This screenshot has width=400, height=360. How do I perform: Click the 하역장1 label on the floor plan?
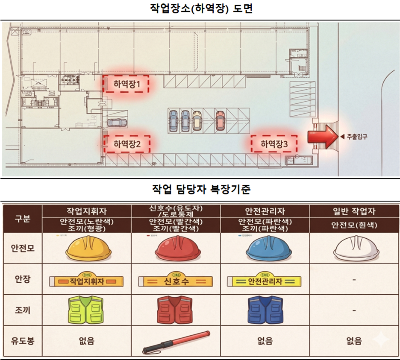click(126, 84)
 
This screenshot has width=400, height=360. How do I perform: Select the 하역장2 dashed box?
click(126, 144)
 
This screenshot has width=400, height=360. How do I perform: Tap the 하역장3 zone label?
click(274, 144)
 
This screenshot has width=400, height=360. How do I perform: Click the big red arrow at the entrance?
click(322, 137)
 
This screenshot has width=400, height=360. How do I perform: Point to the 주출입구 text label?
click(356, 137)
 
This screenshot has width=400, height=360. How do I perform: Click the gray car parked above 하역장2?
click(117, 123)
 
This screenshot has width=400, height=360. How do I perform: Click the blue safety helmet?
click(265, 249)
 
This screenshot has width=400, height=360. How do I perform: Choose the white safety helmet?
click(355, 249)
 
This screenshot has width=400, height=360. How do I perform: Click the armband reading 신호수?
click(175, 281)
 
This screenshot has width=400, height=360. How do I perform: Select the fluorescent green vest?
click(86, 310)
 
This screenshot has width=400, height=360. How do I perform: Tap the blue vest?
click(265, 310)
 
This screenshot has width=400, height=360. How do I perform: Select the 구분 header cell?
click(22, 219)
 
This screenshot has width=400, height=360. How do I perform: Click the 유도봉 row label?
click(22, 341)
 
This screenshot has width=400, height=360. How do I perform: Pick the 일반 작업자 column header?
click(354, 211)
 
